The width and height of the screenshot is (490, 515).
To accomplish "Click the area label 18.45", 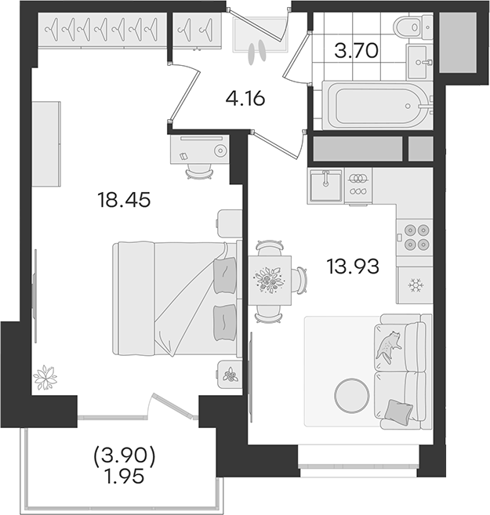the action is (124, 200).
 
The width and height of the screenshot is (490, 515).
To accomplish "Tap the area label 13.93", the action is (353, 266).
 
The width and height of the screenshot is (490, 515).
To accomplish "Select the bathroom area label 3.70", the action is (357, 51).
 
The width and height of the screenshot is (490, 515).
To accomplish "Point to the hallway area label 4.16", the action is (245, 98).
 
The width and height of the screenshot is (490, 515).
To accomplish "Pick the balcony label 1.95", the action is (124, 477).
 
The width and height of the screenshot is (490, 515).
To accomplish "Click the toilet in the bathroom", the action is (414, 27).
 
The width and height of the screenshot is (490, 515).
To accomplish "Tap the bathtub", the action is (376, 106).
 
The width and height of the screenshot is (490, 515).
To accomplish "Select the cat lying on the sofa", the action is (388, 346).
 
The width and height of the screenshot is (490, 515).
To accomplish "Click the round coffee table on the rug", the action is (352, 395).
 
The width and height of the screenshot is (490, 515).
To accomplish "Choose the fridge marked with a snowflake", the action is (415, 285).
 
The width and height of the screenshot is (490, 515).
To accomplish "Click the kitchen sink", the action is (326, 185).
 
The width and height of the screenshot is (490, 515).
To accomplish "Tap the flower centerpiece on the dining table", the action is (269, 280).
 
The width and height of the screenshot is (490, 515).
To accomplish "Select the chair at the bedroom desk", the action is (199, 172).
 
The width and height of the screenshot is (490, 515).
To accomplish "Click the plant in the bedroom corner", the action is (45, 377).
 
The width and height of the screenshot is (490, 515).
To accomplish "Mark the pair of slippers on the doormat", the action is (256, 52).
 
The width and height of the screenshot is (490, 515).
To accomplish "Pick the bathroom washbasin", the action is (418, 62).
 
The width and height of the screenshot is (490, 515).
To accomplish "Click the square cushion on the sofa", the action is (398, 410).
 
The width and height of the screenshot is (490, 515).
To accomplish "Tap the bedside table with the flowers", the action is (230, 375).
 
